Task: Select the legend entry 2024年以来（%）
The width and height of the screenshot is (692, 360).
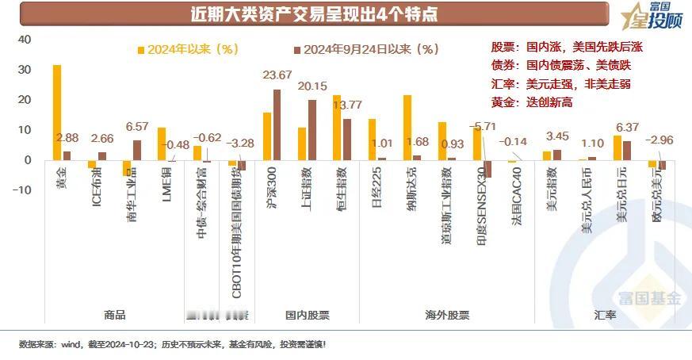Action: click(189, 49)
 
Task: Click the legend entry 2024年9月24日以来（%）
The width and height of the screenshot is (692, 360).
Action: click(365, 49)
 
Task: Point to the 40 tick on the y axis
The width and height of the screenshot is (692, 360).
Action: click(24, 40)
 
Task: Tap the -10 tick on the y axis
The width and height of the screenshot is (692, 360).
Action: click(21, 190)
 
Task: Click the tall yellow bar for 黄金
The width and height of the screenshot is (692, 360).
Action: click(57, 112)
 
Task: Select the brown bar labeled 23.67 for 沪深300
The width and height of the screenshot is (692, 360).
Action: click(277, 124)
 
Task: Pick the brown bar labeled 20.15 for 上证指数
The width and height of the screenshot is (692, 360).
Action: click(312, 129)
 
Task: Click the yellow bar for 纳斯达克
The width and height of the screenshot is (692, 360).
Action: click(407, 128)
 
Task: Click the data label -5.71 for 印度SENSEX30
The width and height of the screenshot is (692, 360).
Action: click(482, 125)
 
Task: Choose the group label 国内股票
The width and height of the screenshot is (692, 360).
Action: click(307, 315)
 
